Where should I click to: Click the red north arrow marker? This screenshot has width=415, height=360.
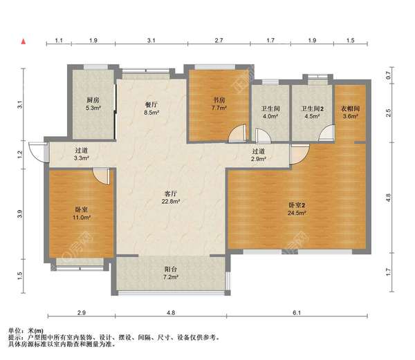click(24, 41)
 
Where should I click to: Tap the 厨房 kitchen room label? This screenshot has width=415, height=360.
click(93, 100)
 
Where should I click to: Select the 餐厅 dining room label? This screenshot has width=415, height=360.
click(151, 105)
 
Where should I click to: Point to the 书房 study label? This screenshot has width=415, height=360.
click(219, 100)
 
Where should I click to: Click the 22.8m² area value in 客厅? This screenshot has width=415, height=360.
click(171, 201)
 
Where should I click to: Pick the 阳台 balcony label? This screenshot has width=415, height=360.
click(171, 269)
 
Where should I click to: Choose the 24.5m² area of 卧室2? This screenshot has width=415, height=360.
click(297, 213)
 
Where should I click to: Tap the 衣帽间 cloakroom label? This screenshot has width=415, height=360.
click(350, 108)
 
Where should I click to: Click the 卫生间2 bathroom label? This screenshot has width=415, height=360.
click(313, 108)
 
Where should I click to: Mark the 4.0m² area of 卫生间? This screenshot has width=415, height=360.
click(270, 116)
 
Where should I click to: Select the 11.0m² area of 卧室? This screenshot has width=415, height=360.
click(82, 218)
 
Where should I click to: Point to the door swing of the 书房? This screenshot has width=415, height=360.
click(238, 133)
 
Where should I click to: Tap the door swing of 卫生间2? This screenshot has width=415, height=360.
click(327, 133)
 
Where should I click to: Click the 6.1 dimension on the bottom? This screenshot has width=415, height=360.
click(297, 313)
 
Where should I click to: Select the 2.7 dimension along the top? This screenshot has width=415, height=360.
click(219, 41)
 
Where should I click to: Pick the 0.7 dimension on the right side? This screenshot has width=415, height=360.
click(388, 75)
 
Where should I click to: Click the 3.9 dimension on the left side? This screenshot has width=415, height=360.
click(19, 214)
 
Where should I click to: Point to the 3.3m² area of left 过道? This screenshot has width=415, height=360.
click(81, 158)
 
